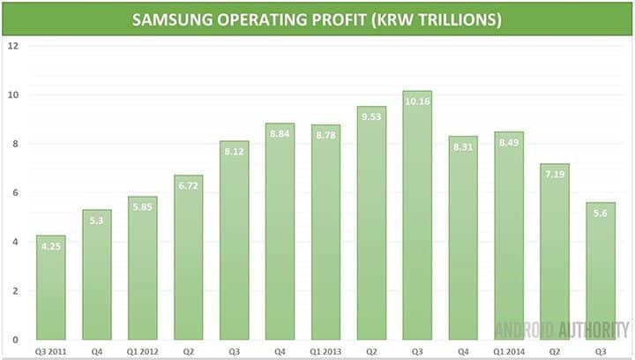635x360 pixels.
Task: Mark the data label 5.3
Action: (96, 221)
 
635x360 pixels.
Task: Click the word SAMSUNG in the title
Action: (173, 19)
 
